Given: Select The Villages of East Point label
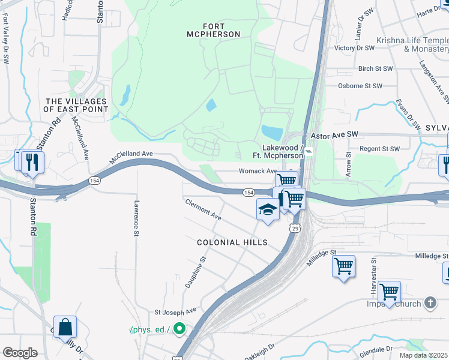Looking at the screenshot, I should point(76,105).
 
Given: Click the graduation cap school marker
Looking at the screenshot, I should point(268,209).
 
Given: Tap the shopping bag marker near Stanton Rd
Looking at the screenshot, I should point(65,327).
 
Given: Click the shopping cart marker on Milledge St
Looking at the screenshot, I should point(343,266).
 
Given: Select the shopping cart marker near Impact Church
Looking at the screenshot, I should point(389,292).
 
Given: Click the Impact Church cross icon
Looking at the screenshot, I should point(430,303).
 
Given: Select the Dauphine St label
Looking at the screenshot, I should point(196,271).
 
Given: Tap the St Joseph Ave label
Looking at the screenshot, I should point(175,311).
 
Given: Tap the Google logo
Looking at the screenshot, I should point(20,352).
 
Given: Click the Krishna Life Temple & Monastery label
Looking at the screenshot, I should point(412,44).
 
